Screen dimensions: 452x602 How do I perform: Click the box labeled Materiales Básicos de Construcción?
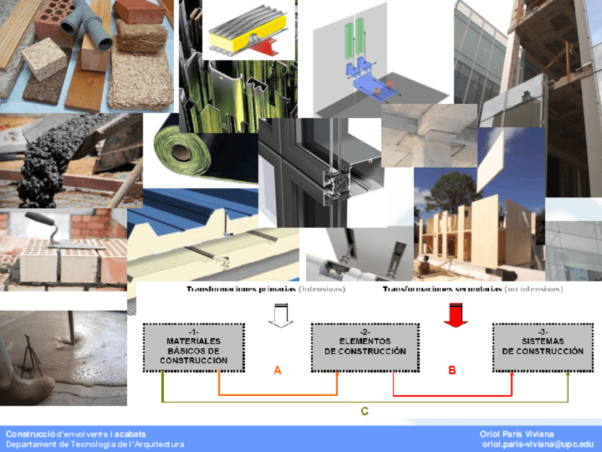pos(194,347)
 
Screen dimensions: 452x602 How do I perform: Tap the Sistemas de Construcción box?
pos(542,347)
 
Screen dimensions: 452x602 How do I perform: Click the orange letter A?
pos(278,370)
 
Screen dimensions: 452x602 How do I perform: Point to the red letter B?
pos(451,370)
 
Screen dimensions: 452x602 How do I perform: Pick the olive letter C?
pos(364,411)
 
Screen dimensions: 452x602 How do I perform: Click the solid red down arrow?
pos(455,313)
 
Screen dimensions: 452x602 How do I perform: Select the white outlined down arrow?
pos(280,313)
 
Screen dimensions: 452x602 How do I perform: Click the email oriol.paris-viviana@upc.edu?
pos(537,444)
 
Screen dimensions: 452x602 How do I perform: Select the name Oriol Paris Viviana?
pos(517,434)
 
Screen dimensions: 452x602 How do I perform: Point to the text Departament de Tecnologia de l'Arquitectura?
pos(95,444)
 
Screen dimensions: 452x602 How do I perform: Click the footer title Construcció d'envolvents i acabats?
pos(76,434)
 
